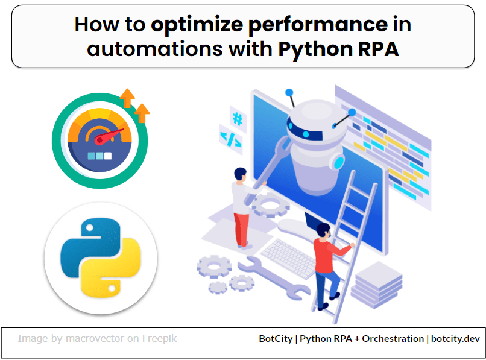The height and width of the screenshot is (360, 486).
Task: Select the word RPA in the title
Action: point(377,48)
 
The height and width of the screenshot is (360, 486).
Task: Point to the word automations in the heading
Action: point(154,48)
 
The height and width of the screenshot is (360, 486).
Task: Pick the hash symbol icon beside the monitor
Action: point(238,119)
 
